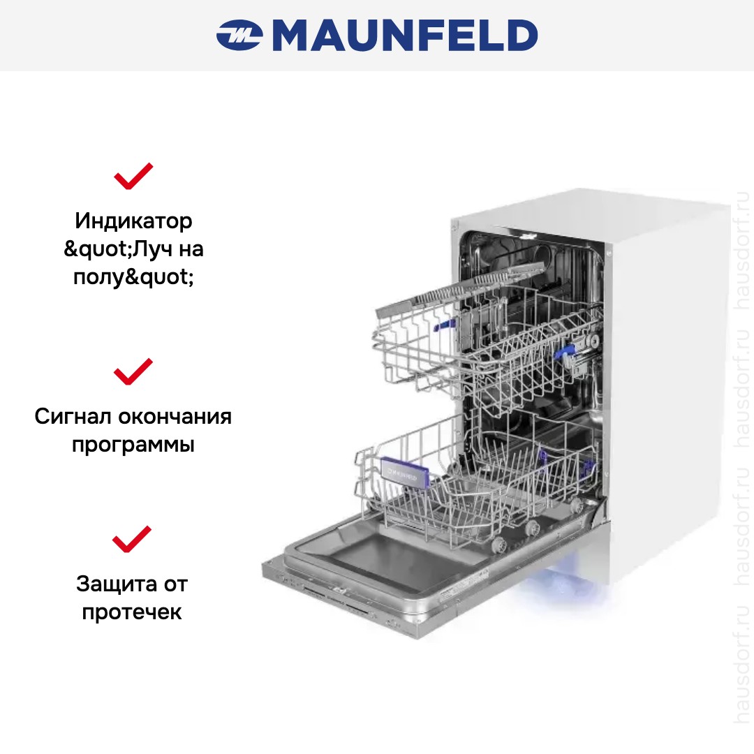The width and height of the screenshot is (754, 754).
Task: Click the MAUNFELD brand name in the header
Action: [x=405, y=35]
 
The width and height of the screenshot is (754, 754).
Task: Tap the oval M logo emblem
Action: [x=239, y=35]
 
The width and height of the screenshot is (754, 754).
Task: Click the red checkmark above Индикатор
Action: [x=133, y=176]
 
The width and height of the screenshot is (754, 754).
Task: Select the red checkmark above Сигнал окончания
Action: [x=133, y=371]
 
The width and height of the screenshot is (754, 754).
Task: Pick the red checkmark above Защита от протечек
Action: [x=132, y=538]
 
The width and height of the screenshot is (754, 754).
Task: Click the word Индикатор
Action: [x=133, y=221]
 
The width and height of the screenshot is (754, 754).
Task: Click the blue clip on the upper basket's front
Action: [x=444, y=325]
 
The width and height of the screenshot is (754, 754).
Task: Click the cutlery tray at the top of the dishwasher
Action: [x=459, y=288]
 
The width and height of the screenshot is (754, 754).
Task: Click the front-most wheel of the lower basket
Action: [x=498, y=544]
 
